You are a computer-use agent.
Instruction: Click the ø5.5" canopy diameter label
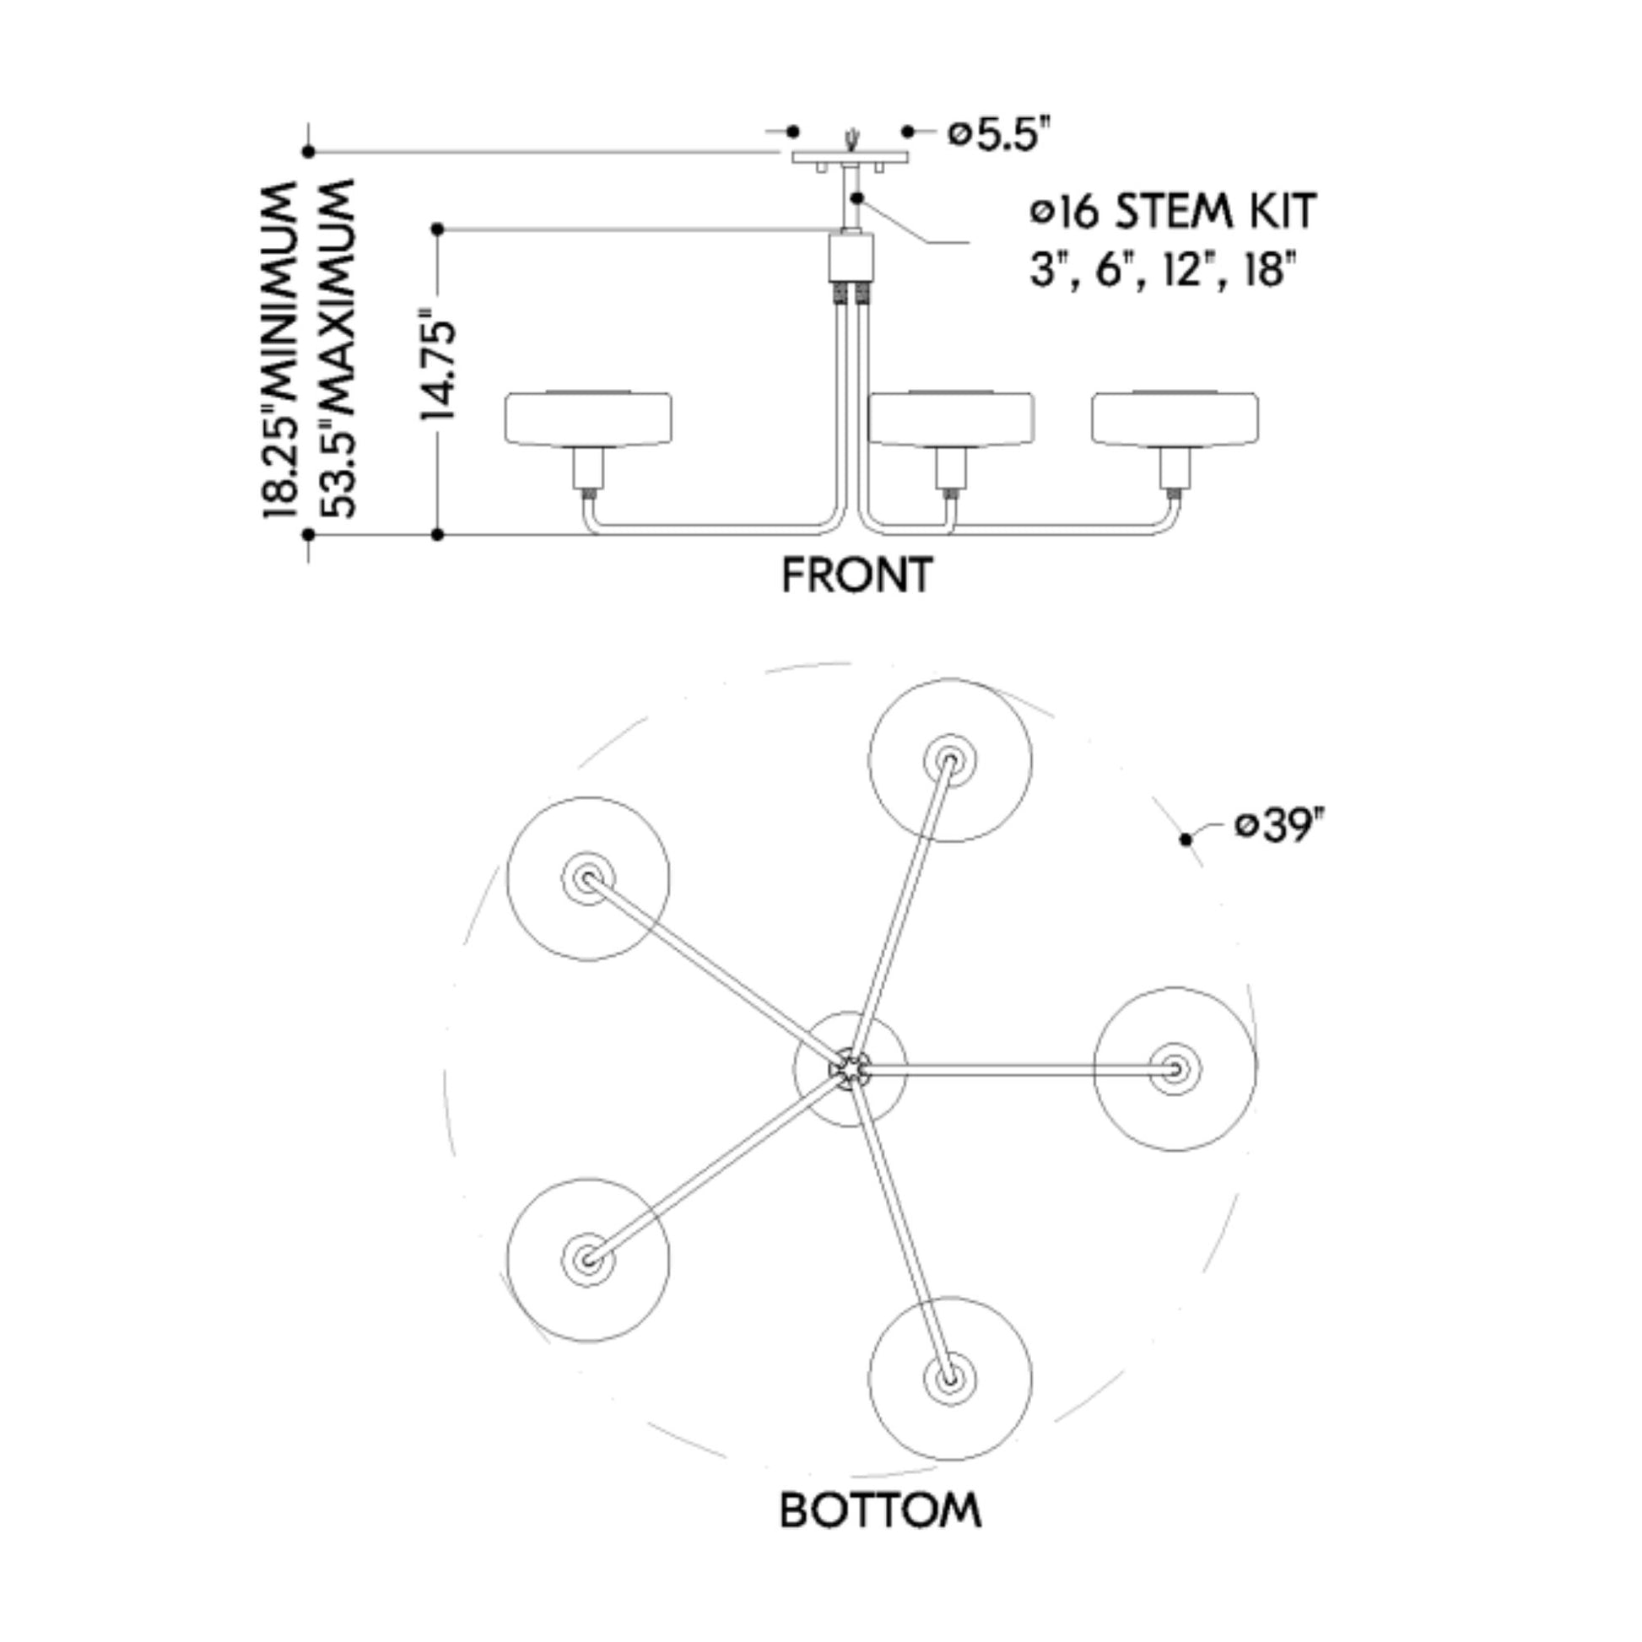(994, 134)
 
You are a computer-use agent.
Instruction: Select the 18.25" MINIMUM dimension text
(280, 348)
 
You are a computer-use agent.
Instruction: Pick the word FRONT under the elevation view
(856, 575)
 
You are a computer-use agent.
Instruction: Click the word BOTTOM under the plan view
(881, 1510)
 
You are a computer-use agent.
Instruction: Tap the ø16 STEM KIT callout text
(1173, 212)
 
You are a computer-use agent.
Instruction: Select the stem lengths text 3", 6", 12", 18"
(1163, 270)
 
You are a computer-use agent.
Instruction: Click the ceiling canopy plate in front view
(850, 157)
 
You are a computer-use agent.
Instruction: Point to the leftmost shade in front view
(588, 419)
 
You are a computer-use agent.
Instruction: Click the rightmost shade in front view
(1175, 419)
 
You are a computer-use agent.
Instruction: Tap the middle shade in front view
(950, 419)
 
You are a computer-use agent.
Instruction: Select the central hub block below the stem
(851, 257)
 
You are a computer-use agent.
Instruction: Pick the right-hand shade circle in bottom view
(1175, 1068)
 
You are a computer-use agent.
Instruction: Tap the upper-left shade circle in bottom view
(588, 878)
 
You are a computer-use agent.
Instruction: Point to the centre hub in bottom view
(850, 1068)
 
